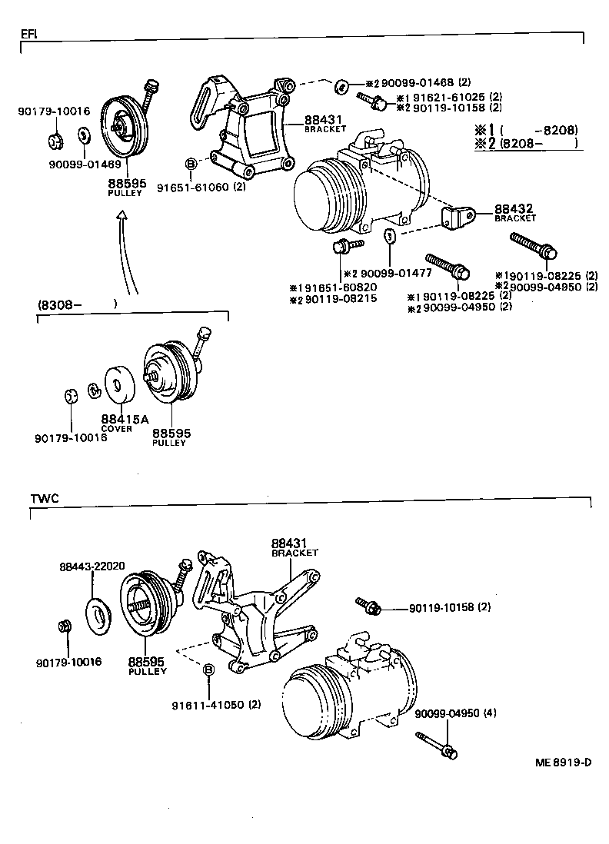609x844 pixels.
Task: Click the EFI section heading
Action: [28, 35]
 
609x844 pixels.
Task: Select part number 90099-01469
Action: [85, 163]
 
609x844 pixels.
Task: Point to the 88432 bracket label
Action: [514, 209]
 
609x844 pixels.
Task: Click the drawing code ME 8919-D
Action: [563, 763]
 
